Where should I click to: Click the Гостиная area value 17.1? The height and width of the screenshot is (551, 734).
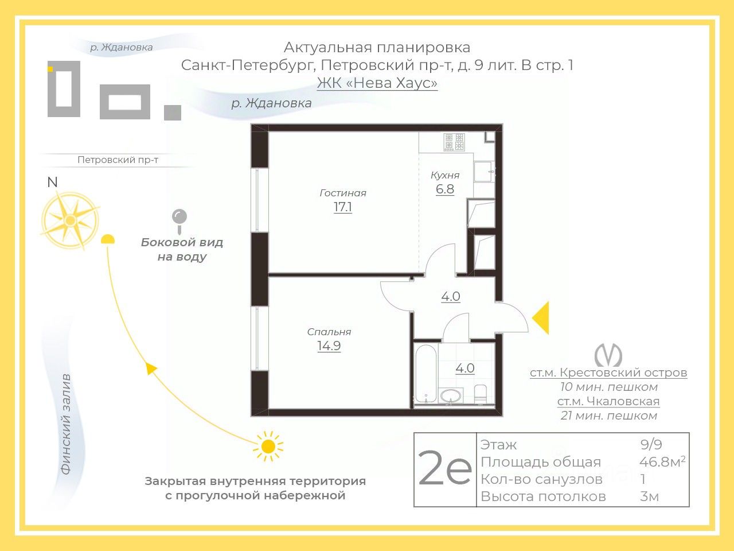[343, 207]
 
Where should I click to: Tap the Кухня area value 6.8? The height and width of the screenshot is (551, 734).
[445, 189]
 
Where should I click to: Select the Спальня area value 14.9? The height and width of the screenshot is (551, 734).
[329, 346]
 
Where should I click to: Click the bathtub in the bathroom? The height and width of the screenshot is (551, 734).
[426, 373]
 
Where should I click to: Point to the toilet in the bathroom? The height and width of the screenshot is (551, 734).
[481, 394]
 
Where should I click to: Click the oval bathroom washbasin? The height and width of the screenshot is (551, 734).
[451, 397]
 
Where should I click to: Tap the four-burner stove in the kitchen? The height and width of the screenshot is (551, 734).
[454, 142]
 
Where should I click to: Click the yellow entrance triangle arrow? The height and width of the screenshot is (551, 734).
[540, 318]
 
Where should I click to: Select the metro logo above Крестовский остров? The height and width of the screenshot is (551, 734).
[608, 355]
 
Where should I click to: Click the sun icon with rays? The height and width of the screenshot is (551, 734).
[268, 446]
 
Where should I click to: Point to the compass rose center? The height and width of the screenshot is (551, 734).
[70, 220]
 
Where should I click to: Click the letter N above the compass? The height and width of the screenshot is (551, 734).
[53, 183]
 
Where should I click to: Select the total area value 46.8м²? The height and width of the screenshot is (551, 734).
[662, 462]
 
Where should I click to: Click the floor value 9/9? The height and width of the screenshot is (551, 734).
[651, 444]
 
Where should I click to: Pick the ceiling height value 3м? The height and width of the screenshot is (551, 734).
[649, 496]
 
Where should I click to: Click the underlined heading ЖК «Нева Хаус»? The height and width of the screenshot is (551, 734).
[377, 83]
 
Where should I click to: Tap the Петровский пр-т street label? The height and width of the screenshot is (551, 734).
[118, 160]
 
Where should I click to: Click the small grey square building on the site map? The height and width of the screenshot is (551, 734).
[173, 112]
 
